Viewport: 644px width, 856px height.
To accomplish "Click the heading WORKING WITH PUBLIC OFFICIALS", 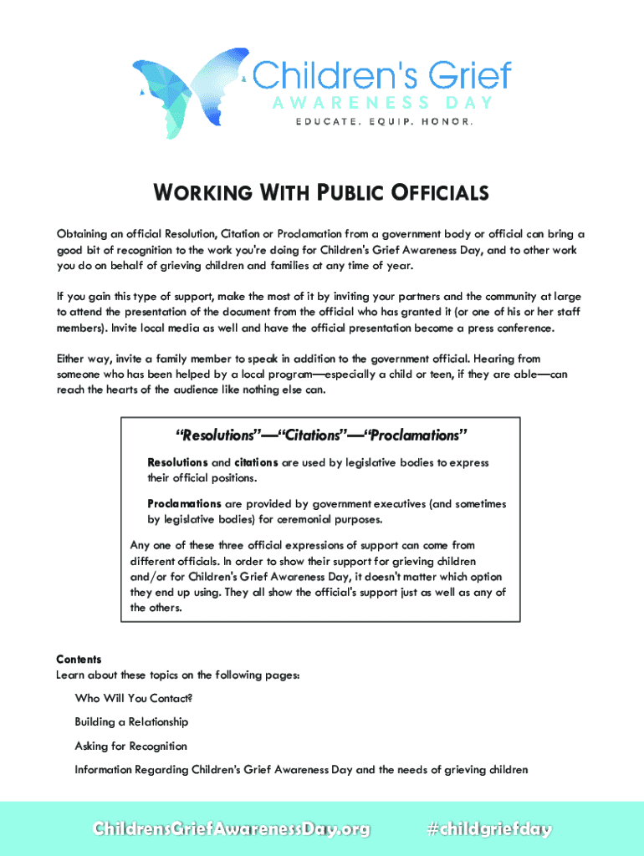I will pyautogui.click(x=321, y=194).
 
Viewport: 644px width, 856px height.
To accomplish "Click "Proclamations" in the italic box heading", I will pyautogui.click(x=411, y=436).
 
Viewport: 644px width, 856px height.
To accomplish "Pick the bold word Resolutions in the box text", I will pyautogui.click(x=177, y=462).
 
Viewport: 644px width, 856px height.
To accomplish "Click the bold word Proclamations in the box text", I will pyautogui.click(x=184, y=504).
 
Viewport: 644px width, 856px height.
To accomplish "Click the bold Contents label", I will pyautogui.click(x=79, y=660).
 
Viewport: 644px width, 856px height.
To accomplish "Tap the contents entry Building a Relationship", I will pyautogui.click(x=131, y=721).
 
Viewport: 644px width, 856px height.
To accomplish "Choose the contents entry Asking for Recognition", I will pyautogui.click(x=130, y=746).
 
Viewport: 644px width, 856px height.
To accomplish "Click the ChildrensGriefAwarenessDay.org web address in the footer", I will pyautogui.click(x=231, y=829).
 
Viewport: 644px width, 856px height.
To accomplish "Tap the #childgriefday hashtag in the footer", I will pyautogui.click(x=489, y=829).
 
